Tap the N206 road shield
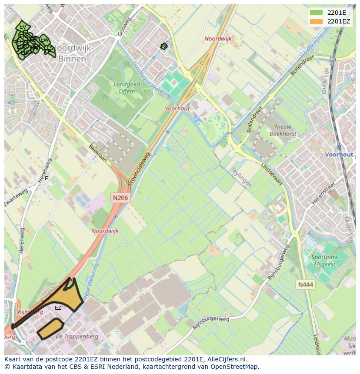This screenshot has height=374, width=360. point(120,198)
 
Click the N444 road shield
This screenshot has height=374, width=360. point(305,285)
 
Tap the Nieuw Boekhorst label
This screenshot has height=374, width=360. point(283,130)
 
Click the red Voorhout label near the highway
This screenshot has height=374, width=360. point(177,109)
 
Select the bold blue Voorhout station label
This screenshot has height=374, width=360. point(339,155)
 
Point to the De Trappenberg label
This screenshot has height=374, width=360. point(77,336)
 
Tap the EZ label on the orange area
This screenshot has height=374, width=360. point(58,308)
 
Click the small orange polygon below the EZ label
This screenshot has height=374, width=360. point(50,328)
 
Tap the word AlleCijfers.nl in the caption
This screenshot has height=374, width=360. point(227,360)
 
